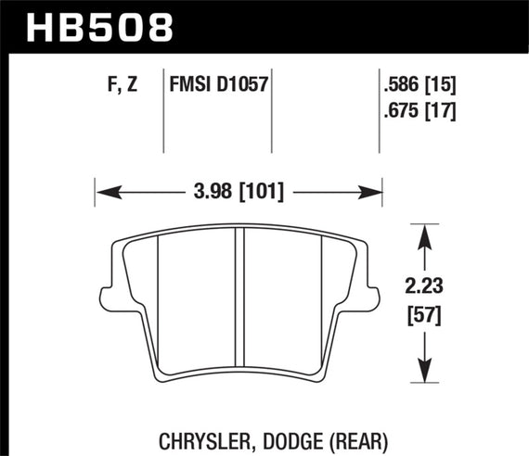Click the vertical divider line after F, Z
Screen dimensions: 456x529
click(x=163, y=111)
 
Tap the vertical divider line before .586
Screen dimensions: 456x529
click(x=381, y=111)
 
